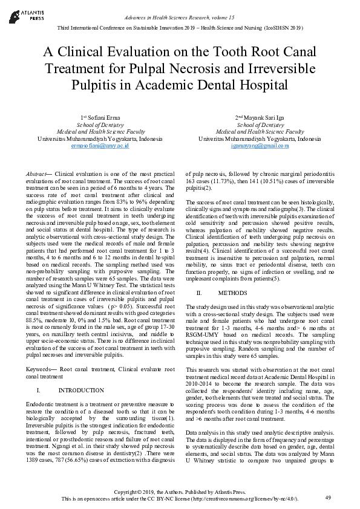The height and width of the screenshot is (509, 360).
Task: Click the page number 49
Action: click(328, 497)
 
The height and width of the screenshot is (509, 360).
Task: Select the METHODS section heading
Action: click(232, 293)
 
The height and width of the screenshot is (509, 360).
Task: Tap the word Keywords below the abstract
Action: click(41, 368)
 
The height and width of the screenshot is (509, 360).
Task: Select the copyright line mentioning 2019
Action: click(180, 492)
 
